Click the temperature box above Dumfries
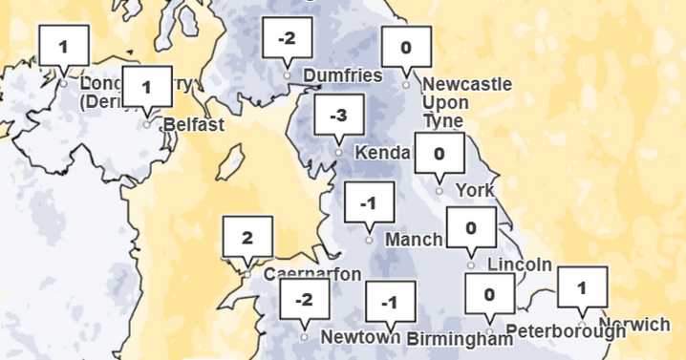(287, 39)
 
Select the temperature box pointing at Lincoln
(471, 228)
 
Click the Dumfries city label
(341, 75)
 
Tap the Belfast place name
(193, 124)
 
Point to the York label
(475, 190)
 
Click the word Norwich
(634, 325)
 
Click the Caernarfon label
(311, 275)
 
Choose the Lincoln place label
(520, 265)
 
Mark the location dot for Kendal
(338, 153)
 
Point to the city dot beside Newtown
(304, 337)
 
